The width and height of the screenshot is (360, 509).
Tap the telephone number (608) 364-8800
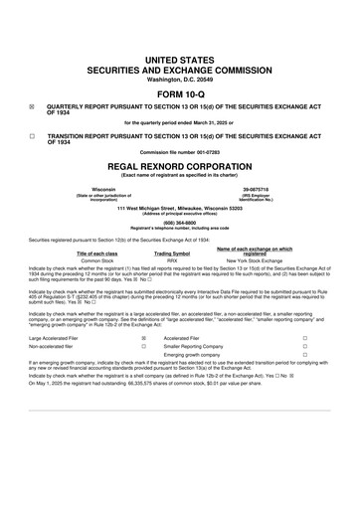pos(180,225)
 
